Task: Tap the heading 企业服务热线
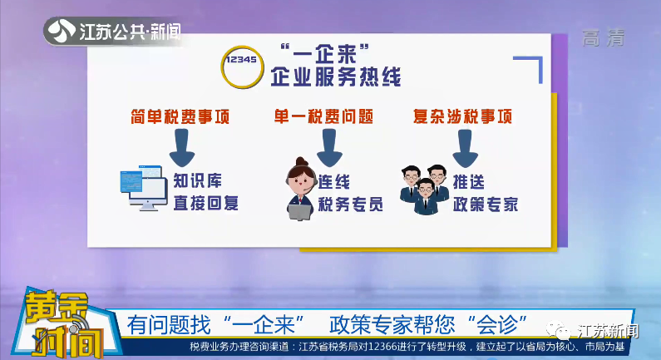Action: pos(336,76)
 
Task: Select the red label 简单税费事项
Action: pos(180,116)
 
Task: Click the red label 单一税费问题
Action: pos(323,116)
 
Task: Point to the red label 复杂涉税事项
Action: pos(463,116)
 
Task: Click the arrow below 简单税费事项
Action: pos(182,147)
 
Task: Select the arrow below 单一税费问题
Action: pos(329,147)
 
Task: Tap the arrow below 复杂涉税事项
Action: pos(465,148)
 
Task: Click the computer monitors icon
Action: pos(143,188)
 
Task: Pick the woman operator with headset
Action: pos(301,189)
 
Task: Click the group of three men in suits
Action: pos(425,190)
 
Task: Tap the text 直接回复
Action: pos(206,203)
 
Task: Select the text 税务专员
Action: pos(350,205)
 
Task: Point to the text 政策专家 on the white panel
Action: pos(486,205)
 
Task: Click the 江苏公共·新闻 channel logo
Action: pos(113,32)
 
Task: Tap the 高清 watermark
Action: pos(604,38)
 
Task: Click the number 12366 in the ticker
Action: pos(382,347)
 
